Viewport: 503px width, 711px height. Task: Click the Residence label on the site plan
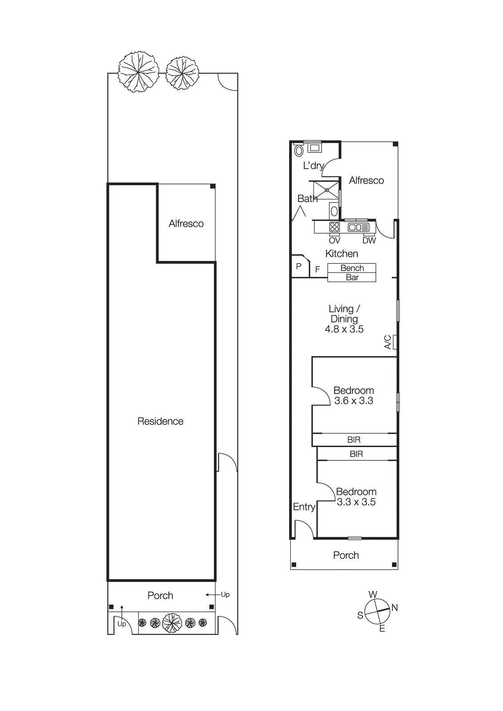160,421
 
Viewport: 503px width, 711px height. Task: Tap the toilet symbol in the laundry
299,151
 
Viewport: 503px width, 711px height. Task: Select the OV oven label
334,240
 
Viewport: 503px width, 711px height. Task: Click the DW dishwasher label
369,240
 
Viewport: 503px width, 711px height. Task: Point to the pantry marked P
299,267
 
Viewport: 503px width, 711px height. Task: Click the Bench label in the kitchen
352,268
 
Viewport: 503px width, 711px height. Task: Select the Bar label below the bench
352,277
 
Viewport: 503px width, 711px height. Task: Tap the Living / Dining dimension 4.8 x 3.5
344,329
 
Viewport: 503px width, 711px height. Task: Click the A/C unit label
388,342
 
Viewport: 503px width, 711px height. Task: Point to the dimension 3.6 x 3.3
354,401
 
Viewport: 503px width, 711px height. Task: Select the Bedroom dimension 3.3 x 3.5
356,502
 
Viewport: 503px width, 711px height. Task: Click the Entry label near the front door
304,507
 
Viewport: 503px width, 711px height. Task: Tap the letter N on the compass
394,607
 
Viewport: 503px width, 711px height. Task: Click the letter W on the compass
373,595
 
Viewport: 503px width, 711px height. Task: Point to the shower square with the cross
327,190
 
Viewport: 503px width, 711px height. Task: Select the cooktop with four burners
334,227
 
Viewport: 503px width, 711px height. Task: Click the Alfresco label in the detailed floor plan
366,180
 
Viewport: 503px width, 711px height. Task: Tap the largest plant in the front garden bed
172,623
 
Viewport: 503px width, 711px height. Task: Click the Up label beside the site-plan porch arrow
225,595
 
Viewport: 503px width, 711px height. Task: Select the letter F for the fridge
318,269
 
